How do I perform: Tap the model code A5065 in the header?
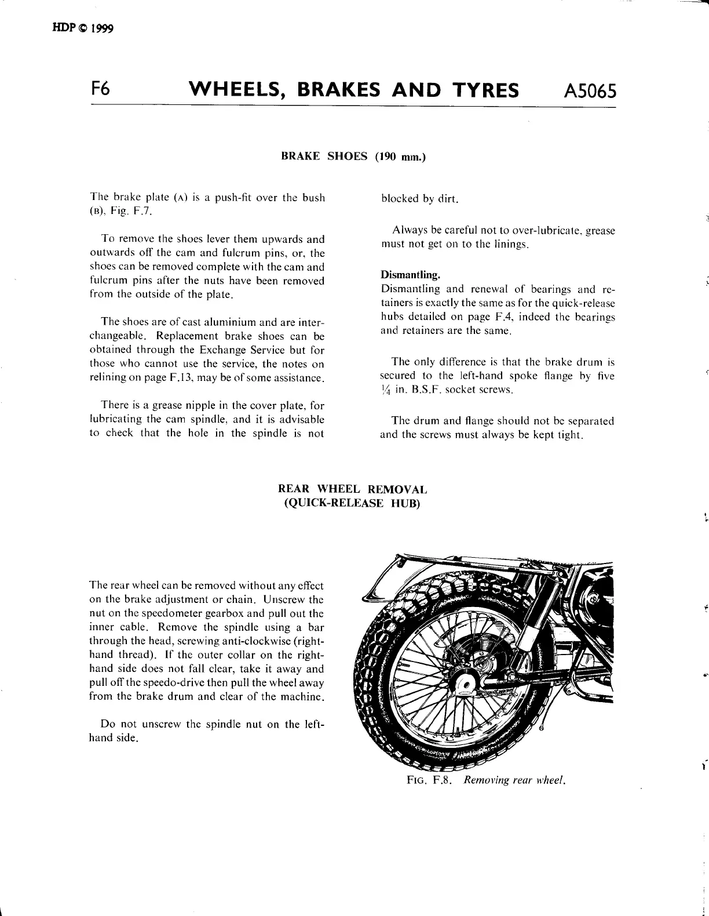589,91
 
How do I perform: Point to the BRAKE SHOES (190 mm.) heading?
353,156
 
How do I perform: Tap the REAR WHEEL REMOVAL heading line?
353,489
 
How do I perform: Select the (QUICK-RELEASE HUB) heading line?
352,503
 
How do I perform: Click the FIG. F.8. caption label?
429,780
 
